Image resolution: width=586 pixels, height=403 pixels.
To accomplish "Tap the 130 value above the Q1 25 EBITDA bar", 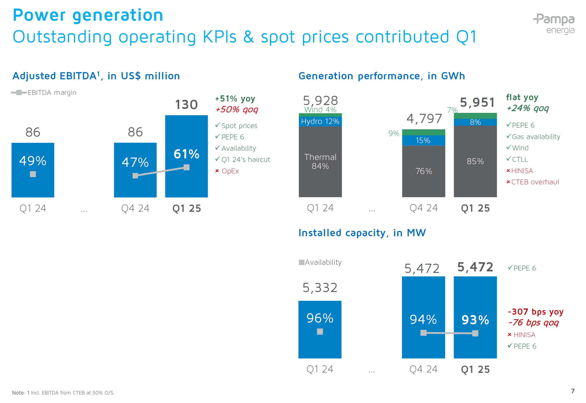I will pyautogui.click(x=186, y=105).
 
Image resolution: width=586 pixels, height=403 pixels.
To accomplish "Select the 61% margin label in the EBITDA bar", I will pyautogui.click(x=186, y=154).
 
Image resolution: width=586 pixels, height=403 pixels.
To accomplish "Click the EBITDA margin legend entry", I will pyautogui.click(x=44, y=93).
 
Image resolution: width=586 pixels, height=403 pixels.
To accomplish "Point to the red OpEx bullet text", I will pyautogui.click(x=230, y=171).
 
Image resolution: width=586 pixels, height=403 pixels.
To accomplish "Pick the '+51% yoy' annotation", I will pyautogui.click(x=235, y=98).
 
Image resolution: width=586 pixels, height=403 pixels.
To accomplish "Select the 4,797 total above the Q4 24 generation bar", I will pyautogui.click(x=424, y=118).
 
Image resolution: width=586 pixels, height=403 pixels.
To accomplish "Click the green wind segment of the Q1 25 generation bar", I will pyautogui.click(x=475, y=116).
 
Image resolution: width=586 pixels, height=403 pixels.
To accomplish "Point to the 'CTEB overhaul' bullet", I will pyautogui.click(x=535, y=182).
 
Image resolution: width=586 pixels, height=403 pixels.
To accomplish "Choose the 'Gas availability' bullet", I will pyautogui.click(x=536, y=137).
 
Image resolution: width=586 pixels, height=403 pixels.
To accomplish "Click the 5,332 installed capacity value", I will pyautogui.click(x=320, y=288).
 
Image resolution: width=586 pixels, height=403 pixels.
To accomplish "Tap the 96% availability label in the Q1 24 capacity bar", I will pyautogui.click(x=320, y=318).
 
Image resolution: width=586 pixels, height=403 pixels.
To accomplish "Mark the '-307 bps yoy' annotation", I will pyautogui.click(x=535, y=312).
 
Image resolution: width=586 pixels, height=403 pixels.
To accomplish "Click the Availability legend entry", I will pyautogui.click(x=320, y=262).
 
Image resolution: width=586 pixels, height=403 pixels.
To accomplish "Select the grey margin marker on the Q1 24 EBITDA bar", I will pyautogui.click(x=33, y=174).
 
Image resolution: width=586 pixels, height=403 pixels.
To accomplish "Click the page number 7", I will pyautogui.click(x=573, y=391).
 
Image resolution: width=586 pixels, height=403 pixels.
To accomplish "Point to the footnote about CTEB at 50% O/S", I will pyautogui.click(x=63, y=393).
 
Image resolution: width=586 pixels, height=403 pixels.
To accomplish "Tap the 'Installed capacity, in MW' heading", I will pyautogui.click(x=362, y=233).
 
